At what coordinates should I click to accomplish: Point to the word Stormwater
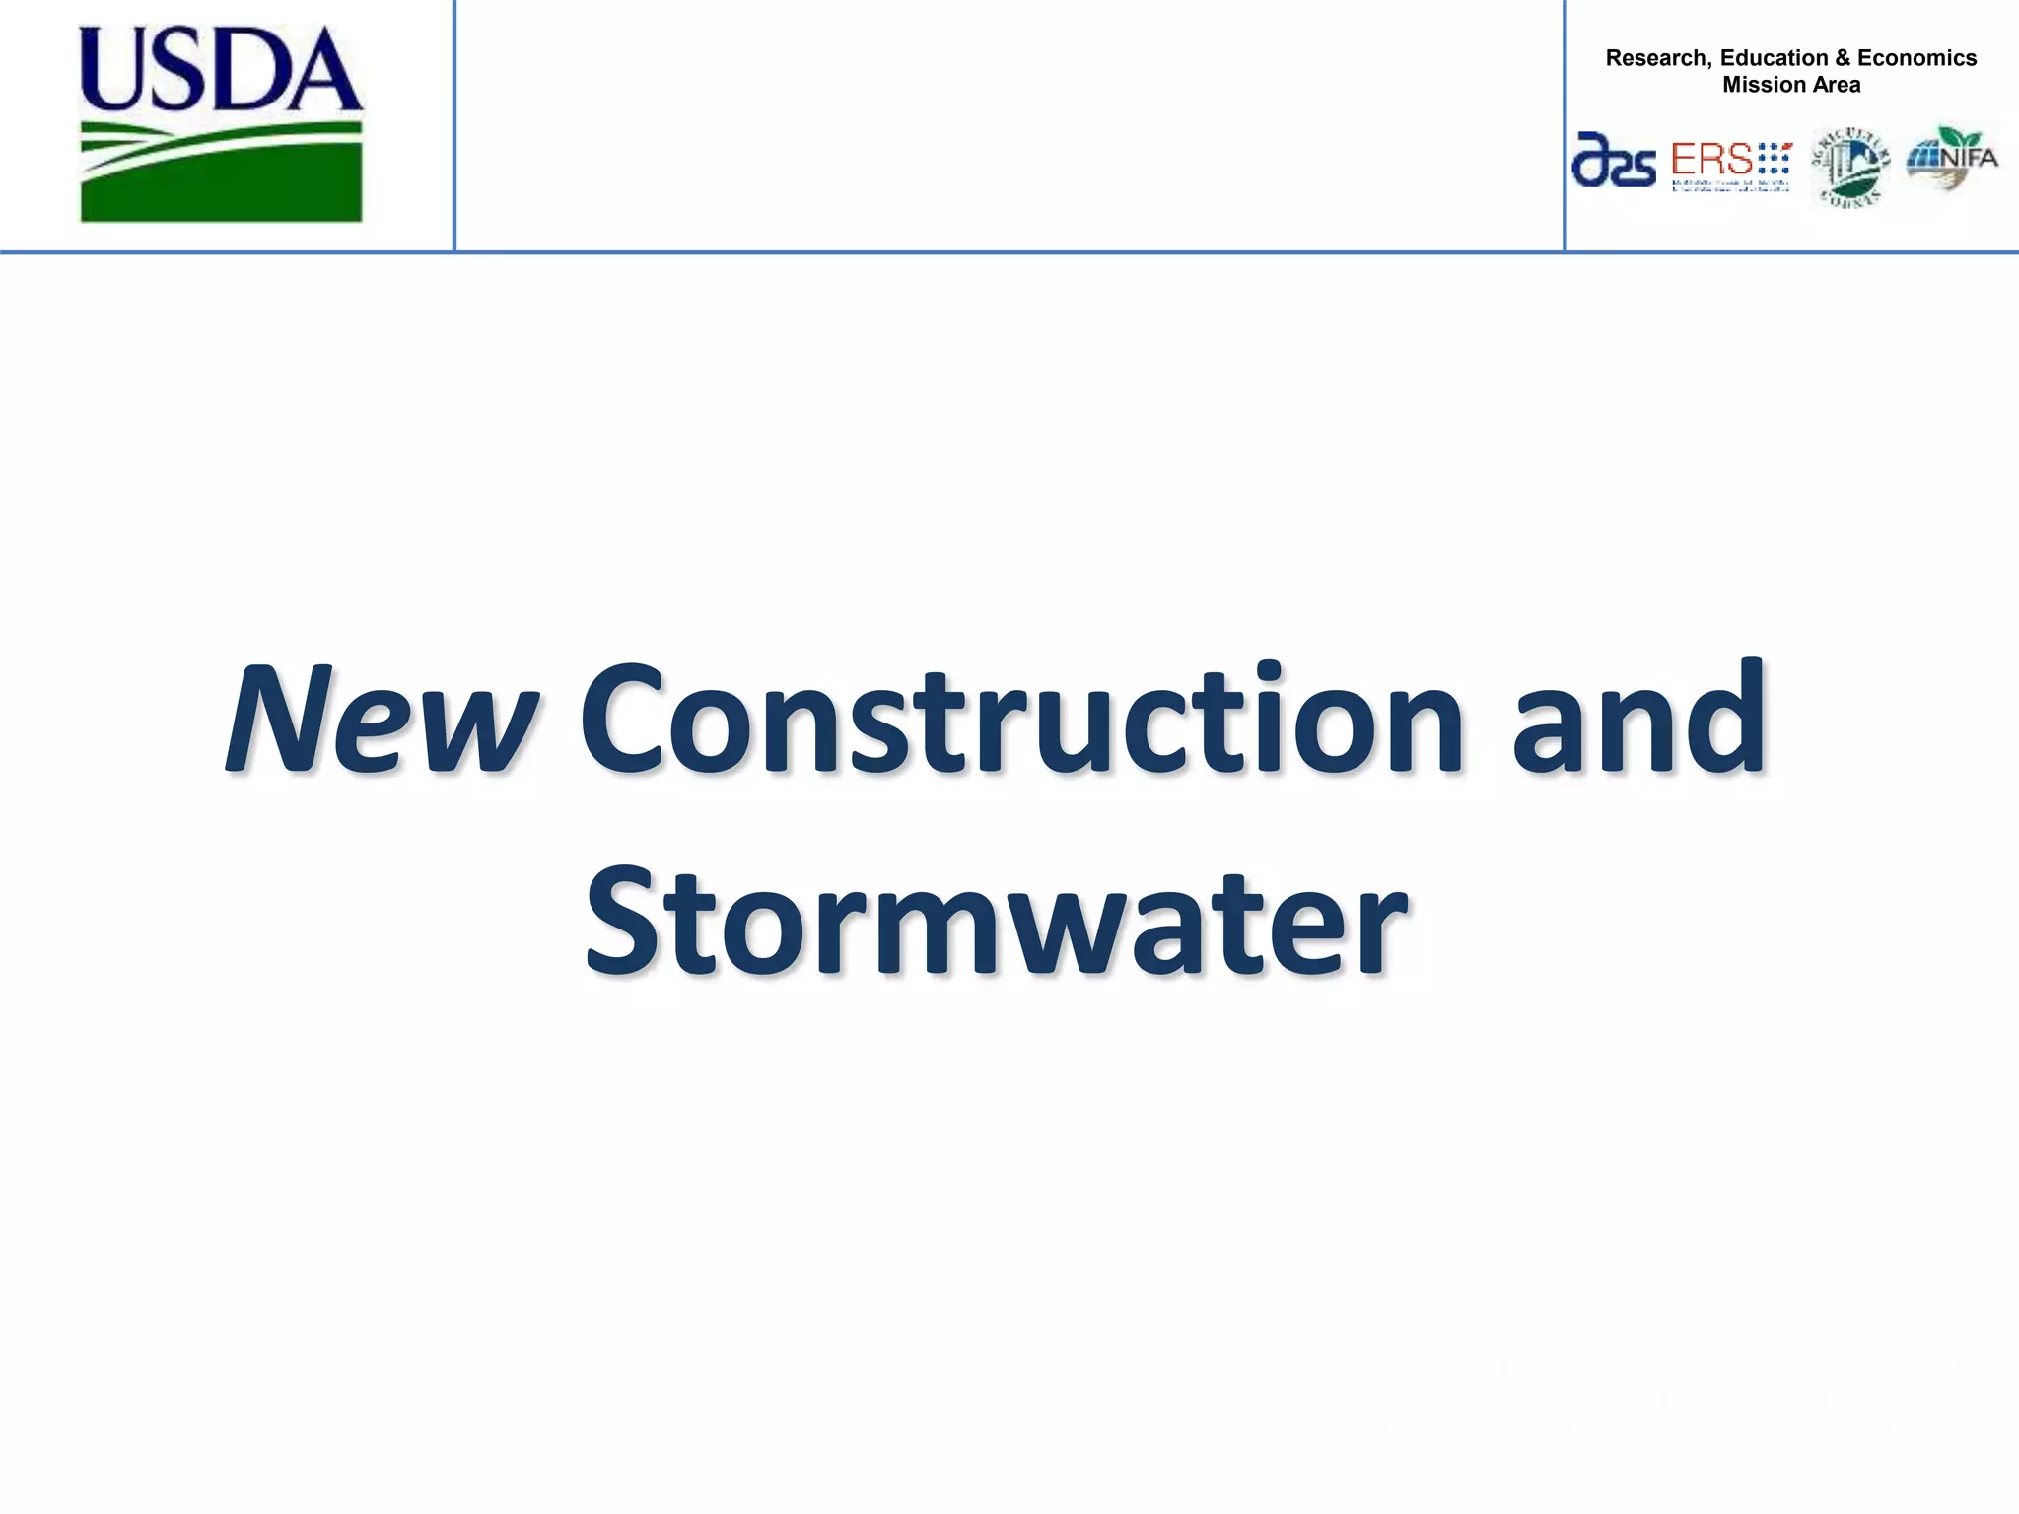pyautogui.click(x=996, y=922)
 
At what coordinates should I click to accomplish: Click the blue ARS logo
pyautogui.click(x=1614, y=161)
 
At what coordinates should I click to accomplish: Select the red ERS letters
pyautogui.click(x=1711, y=159)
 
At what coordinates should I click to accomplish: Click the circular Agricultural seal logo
pyautogui.click(x=1850, y=168)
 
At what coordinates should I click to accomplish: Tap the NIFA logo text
pyautogui.click(x=1969, y=158)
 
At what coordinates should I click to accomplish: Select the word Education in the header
pyautogui.click(x=1775, y=58)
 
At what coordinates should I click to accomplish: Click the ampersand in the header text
pyautogui.click(x=1843, y=58)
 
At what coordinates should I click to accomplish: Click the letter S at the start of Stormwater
pyautogui.click(x=622, y=922)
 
